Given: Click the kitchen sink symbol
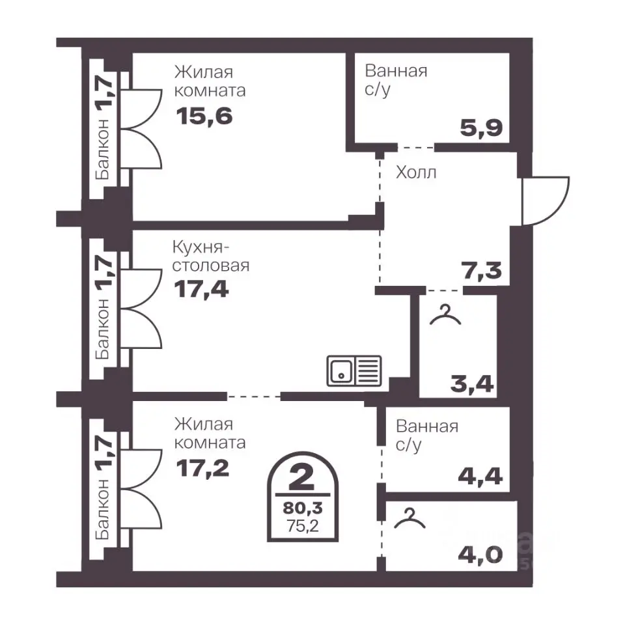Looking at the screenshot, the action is pyautogui.click(x=354, y=371).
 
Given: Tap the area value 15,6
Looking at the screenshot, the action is pyautogui.click(x=204, y=117).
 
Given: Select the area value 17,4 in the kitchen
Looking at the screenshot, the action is pyautogui.click(x=202, y=289).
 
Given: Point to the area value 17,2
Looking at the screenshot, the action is pyautogui.click(x=202, y=468).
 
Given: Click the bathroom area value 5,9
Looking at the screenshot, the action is pyautogui.click(x=482, y=128).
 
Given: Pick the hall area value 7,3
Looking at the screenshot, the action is pyautogui.click(x=482, y=270).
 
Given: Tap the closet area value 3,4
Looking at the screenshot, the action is pyautogui.click(x=473, y=384).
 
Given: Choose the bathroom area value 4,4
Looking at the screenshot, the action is pyautogui.click(x=480, y=476).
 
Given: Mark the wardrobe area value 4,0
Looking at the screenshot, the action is pyautogui.click(x=480, y=555).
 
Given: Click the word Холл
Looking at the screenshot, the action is pyautogui.click(x=416, y=173).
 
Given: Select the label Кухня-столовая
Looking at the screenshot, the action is pyautogui.click(x=211, y=257).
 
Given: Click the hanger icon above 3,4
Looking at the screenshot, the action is pyautogui.click(x=445, y=314).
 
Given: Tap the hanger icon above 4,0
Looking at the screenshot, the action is pyautogui.click(x=410, y=518).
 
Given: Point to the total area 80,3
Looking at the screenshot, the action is pyautogui.click(x=303, y=508).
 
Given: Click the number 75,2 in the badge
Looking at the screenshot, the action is pyautogui.click(x=303, y=526).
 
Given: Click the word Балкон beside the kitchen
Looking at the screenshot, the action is pyautogui.click(x=102, y=329).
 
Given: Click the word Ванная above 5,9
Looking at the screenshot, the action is pyautogui.click(x=396, y=72).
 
